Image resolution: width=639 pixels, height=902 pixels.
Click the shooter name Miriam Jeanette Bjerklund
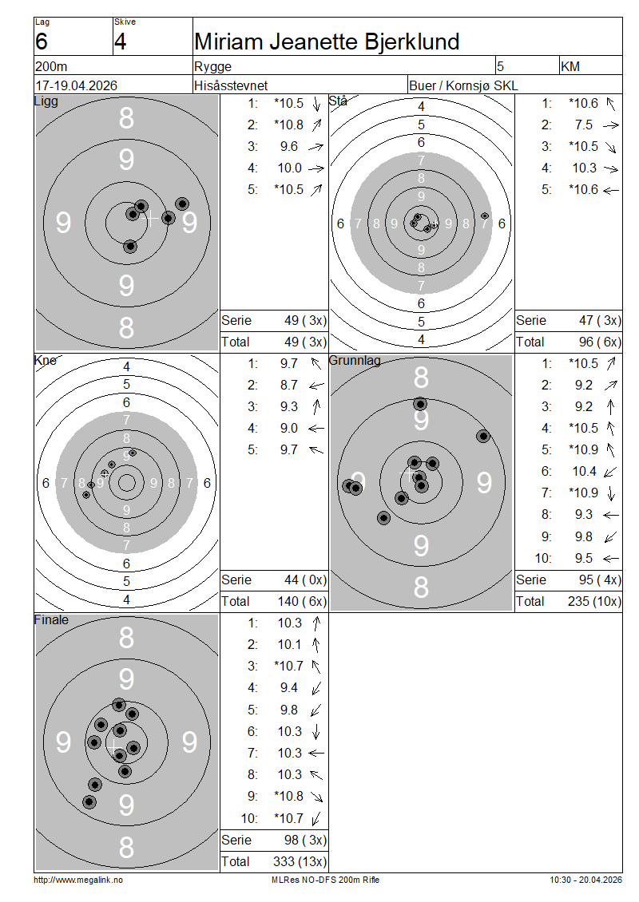click(327, 42)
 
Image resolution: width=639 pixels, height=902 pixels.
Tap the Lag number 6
click(42, 42)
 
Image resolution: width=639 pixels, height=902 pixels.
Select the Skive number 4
click(121, 42)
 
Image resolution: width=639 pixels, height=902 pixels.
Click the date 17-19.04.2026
click(77, 85)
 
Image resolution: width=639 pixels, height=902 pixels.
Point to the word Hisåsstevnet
click(231, 85)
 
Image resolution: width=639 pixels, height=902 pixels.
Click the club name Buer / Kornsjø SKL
click(463, 85)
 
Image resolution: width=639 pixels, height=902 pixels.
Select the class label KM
click(570, 67)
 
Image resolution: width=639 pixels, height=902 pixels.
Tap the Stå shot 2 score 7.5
click(583, 125)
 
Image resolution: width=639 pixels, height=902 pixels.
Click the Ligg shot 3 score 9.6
click(289, 147)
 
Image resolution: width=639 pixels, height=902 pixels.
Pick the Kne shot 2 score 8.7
click(289, 385)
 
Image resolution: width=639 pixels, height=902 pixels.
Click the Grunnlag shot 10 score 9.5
click(583, 558)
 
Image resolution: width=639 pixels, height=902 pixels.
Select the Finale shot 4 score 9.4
click(289, 687)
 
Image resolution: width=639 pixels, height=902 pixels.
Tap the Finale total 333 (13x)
click(300, 861)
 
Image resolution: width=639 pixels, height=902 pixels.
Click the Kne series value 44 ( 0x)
click(306, 580)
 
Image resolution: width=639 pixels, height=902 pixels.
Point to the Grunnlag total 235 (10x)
click(594, 601)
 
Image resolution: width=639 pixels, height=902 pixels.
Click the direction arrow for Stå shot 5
click(611, 190)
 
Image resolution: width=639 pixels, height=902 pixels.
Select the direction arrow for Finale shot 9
click(316, 797)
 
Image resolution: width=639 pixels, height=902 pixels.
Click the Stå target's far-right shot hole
click(485, 216)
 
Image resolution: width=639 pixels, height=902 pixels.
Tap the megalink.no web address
click(78, 880)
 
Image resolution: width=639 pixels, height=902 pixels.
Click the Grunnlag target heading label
click(355, 361)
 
